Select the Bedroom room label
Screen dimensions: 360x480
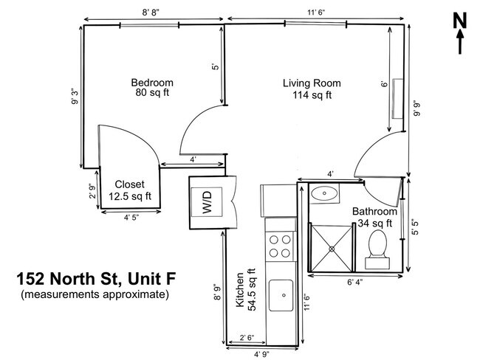(152, 87)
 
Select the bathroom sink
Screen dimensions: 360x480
(324, 195)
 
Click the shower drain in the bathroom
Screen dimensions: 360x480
(332, 249)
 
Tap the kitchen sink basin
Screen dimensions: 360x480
(281, 297)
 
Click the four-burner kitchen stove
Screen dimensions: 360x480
(279, 246)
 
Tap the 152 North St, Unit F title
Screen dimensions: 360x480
(96, 280)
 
